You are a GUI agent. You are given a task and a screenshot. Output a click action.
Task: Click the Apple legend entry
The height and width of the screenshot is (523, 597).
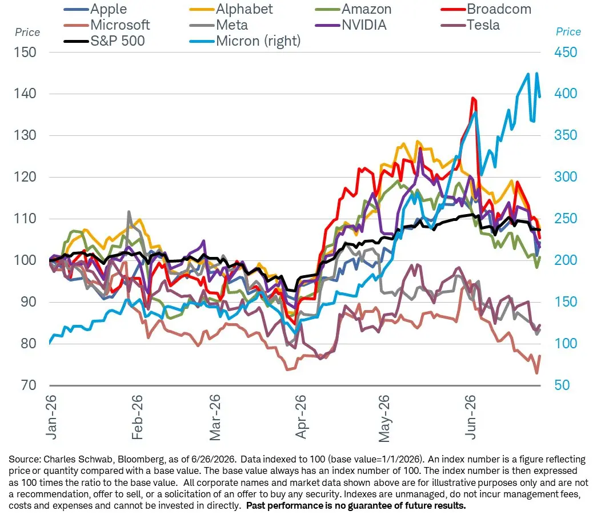pos(95,9)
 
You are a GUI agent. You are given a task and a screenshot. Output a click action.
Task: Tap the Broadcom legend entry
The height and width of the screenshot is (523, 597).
pos(486,9)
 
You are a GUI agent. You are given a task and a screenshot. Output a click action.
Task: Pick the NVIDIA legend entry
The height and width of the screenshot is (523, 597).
pos(351,25)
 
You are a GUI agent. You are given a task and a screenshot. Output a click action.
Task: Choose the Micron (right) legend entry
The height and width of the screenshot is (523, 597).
pos(245,41)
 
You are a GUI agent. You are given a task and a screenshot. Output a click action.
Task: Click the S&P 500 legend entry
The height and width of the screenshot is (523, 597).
pos(104,41)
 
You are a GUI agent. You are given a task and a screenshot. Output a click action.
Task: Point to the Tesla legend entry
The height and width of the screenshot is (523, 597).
pos(470,25)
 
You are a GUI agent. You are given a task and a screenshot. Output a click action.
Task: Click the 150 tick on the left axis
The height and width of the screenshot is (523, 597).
pos(25,52)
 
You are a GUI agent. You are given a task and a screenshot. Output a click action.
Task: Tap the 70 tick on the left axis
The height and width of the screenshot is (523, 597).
pos(29,385)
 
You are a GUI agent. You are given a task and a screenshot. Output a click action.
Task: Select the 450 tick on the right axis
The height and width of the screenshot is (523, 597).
pos(566,52)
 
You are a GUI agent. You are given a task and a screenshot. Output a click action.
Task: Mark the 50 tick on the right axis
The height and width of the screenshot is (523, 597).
pos(562,385)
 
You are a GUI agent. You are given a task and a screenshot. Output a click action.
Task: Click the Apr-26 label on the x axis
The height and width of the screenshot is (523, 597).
pos(300,417)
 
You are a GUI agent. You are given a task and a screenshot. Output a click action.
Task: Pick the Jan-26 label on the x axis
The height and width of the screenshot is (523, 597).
pos(51,417)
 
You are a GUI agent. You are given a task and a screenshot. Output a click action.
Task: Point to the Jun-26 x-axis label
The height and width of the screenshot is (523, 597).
pos(471,417)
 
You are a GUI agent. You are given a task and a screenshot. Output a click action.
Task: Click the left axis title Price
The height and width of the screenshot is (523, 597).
pos(27,33)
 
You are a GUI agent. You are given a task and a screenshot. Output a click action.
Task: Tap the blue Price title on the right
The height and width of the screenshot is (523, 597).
pos(568,31)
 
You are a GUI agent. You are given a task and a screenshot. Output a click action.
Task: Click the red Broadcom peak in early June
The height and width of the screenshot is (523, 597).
pos(472,98)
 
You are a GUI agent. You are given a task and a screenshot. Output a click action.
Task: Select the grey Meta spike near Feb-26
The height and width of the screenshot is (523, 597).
pos(129,212)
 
